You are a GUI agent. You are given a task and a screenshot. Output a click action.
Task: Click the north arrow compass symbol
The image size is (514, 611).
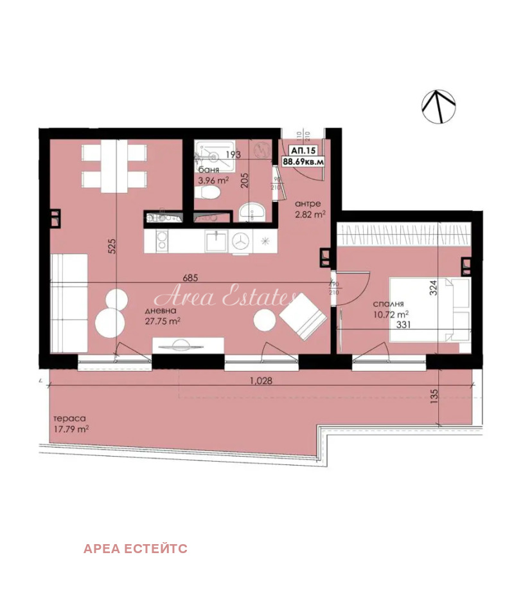pos(438,106)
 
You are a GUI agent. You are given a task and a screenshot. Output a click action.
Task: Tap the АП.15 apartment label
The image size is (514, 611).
pos(303,150)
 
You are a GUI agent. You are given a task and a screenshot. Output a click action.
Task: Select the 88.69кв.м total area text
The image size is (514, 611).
pos(303,162)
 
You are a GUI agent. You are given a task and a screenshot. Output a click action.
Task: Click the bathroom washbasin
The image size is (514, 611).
pos(252,210)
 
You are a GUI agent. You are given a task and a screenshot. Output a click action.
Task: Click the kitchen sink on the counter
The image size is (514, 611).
pos(215,241)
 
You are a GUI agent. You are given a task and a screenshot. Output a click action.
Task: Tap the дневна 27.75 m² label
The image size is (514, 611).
pos(162,316)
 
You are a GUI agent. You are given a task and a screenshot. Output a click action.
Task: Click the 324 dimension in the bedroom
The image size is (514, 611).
pos(433,286)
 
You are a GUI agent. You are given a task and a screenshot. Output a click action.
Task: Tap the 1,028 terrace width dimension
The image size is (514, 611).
pos(261,380)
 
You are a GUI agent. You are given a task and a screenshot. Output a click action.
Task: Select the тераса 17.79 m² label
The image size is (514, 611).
pos(71,423)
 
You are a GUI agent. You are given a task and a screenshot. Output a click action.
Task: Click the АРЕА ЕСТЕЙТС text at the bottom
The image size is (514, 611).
pos(135,549)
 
